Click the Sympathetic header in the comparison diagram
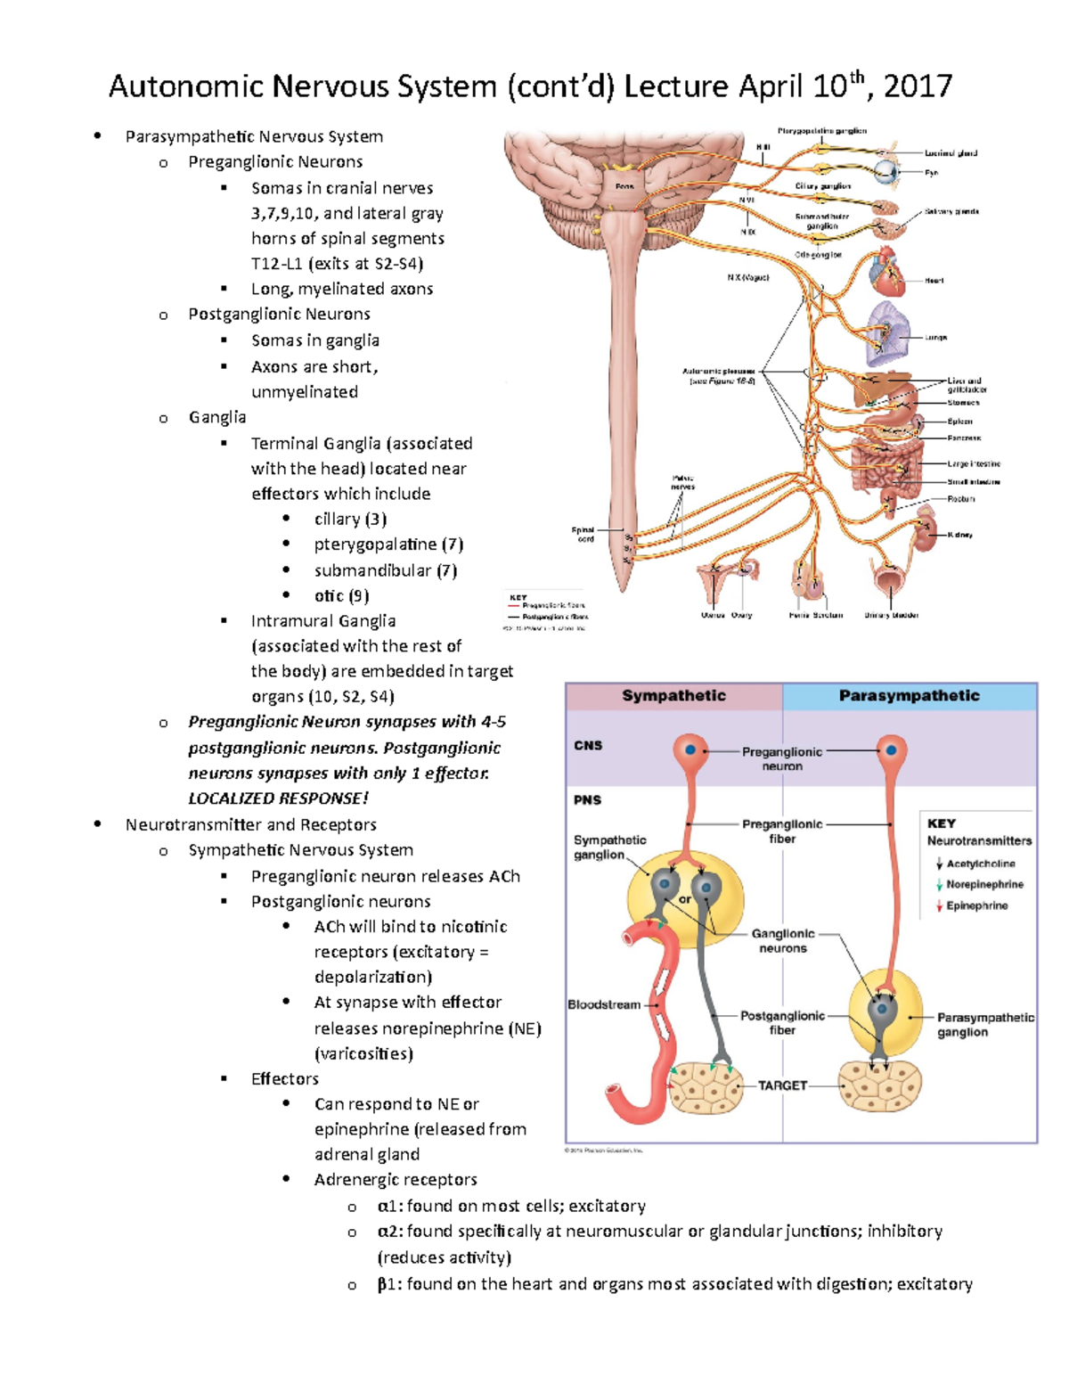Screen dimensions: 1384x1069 (x=673, y=696)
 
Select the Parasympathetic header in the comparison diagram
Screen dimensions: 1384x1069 (x=909, y=696)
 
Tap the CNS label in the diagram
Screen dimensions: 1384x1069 (x=588, y=746)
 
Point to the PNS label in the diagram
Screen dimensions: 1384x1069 (x=587, y=800)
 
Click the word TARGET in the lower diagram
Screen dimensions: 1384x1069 (x=782, y=1085)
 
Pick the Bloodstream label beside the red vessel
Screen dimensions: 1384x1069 (x=604, y=1004)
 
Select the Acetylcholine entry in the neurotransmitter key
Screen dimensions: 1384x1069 (x=980, y=864)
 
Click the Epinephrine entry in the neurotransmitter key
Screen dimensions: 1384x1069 (x=976, y=905)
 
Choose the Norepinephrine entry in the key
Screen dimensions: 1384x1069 (x=984, y=884)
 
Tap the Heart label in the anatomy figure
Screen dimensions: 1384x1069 (x=934, y=281)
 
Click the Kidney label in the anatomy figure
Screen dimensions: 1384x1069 (x=959, y=535)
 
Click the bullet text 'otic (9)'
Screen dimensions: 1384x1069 (x=341, y=595)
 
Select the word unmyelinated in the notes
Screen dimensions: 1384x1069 (x=305, y=392)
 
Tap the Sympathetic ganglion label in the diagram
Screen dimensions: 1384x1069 (x=609, y=848)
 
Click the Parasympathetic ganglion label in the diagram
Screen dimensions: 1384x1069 (x=985, y=1025)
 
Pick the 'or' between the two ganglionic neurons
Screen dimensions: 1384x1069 (x=684, y=899)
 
